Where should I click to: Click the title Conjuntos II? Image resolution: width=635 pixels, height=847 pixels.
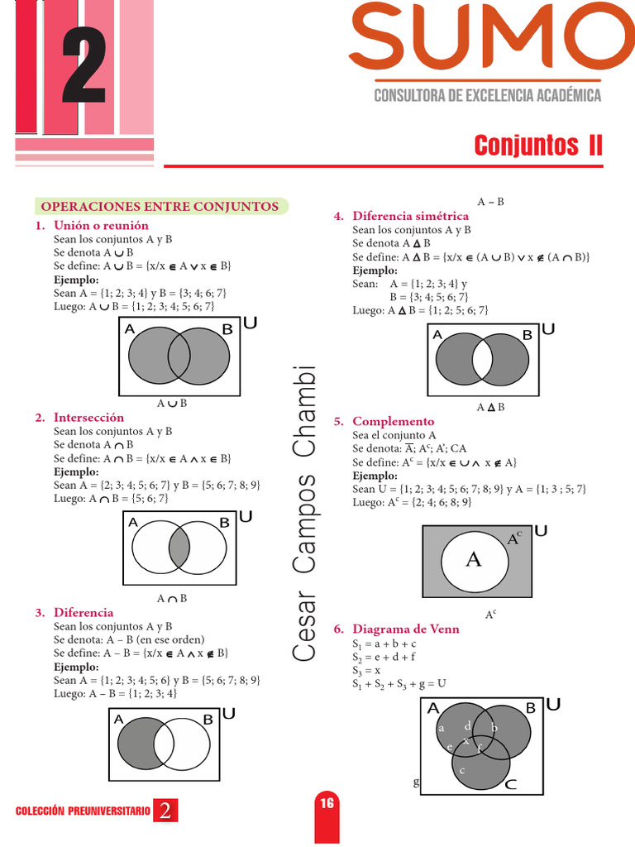tap(538, 146)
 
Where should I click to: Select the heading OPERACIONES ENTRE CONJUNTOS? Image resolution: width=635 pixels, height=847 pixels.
tap(160, 206)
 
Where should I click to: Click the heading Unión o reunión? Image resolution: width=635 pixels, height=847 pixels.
tap(101, 225)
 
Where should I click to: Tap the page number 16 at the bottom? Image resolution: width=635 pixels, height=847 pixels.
tap(327, 803)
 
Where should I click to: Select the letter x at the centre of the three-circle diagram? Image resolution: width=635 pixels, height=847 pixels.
tap(466, 741)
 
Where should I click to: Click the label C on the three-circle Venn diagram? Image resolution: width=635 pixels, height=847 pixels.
tap(510, 785)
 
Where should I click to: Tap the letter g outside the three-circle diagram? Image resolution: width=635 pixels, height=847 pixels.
tap(416, 781)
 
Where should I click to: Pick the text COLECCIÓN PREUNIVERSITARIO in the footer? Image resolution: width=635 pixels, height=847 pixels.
tap(83, 811)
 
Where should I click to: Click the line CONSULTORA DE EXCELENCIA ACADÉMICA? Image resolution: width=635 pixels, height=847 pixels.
tap(488, 95)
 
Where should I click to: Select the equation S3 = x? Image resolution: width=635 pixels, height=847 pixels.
tap(366, 670)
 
